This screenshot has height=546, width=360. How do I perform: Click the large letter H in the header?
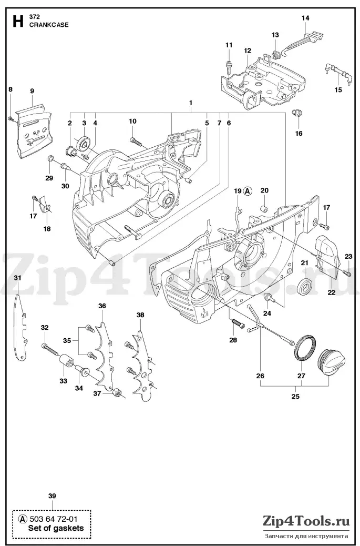(x=18, y=22)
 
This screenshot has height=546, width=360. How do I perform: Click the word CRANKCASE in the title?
(x=49, y=25)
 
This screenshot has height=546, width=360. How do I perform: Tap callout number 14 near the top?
(x=305, y=18)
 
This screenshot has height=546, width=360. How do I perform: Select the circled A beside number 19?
(x=248, y=191)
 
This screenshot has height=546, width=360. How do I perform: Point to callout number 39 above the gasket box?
(x=52, y=496)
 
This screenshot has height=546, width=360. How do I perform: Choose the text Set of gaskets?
(x=56, y=528)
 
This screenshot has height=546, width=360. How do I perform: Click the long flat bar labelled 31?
(x=21, y=327)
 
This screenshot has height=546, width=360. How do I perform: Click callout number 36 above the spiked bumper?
(x=102, y=306)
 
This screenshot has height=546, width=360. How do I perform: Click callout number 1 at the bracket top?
(x=191, y=103)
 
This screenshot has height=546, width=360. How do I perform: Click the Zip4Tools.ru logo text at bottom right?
(x=306, y=521)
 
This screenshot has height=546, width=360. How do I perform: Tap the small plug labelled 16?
(x=297, y=113)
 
